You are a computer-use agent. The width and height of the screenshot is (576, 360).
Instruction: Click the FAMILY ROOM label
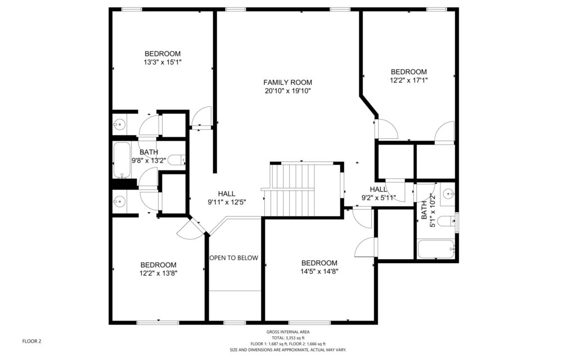coord(287,83)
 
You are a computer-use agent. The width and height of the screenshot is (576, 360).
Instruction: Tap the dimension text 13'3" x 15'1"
coord(163,62)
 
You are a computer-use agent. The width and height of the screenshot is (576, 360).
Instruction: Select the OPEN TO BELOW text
coord(234,258)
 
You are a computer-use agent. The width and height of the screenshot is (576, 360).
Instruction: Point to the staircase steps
coord(290,190)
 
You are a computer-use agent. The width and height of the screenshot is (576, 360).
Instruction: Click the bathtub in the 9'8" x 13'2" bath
coord(121,160)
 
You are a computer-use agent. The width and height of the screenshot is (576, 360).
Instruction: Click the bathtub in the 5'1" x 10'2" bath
coord(436,249)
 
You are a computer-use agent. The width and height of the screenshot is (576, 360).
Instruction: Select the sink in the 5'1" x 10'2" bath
coord(448,193)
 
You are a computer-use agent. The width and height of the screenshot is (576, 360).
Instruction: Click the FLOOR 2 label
coord(31,341)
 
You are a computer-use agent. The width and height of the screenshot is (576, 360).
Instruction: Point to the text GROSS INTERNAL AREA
coord(288,332)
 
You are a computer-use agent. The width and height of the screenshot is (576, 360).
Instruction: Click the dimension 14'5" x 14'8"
coord(319,272)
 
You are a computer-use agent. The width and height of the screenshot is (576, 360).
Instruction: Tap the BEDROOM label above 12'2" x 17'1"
coord(409,72)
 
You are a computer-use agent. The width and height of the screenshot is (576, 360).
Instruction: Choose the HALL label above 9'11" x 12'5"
coord(227,193)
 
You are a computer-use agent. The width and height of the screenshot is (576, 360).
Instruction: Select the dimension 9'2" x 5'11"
coord(379,198)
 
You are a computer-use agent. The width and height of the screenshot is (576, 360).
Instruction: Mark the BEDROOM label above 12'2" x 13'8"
coord(158,265)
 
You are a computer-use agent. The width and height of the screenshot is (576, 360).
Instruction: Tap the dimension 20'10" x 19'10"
coord(287,91)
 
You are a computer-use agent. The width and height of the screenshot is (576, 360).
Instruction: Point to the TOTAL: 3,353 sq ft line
coord(288,338)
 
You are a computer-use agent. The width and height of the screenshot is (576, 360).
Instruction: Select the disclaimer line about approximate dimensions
coord(288,350)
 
